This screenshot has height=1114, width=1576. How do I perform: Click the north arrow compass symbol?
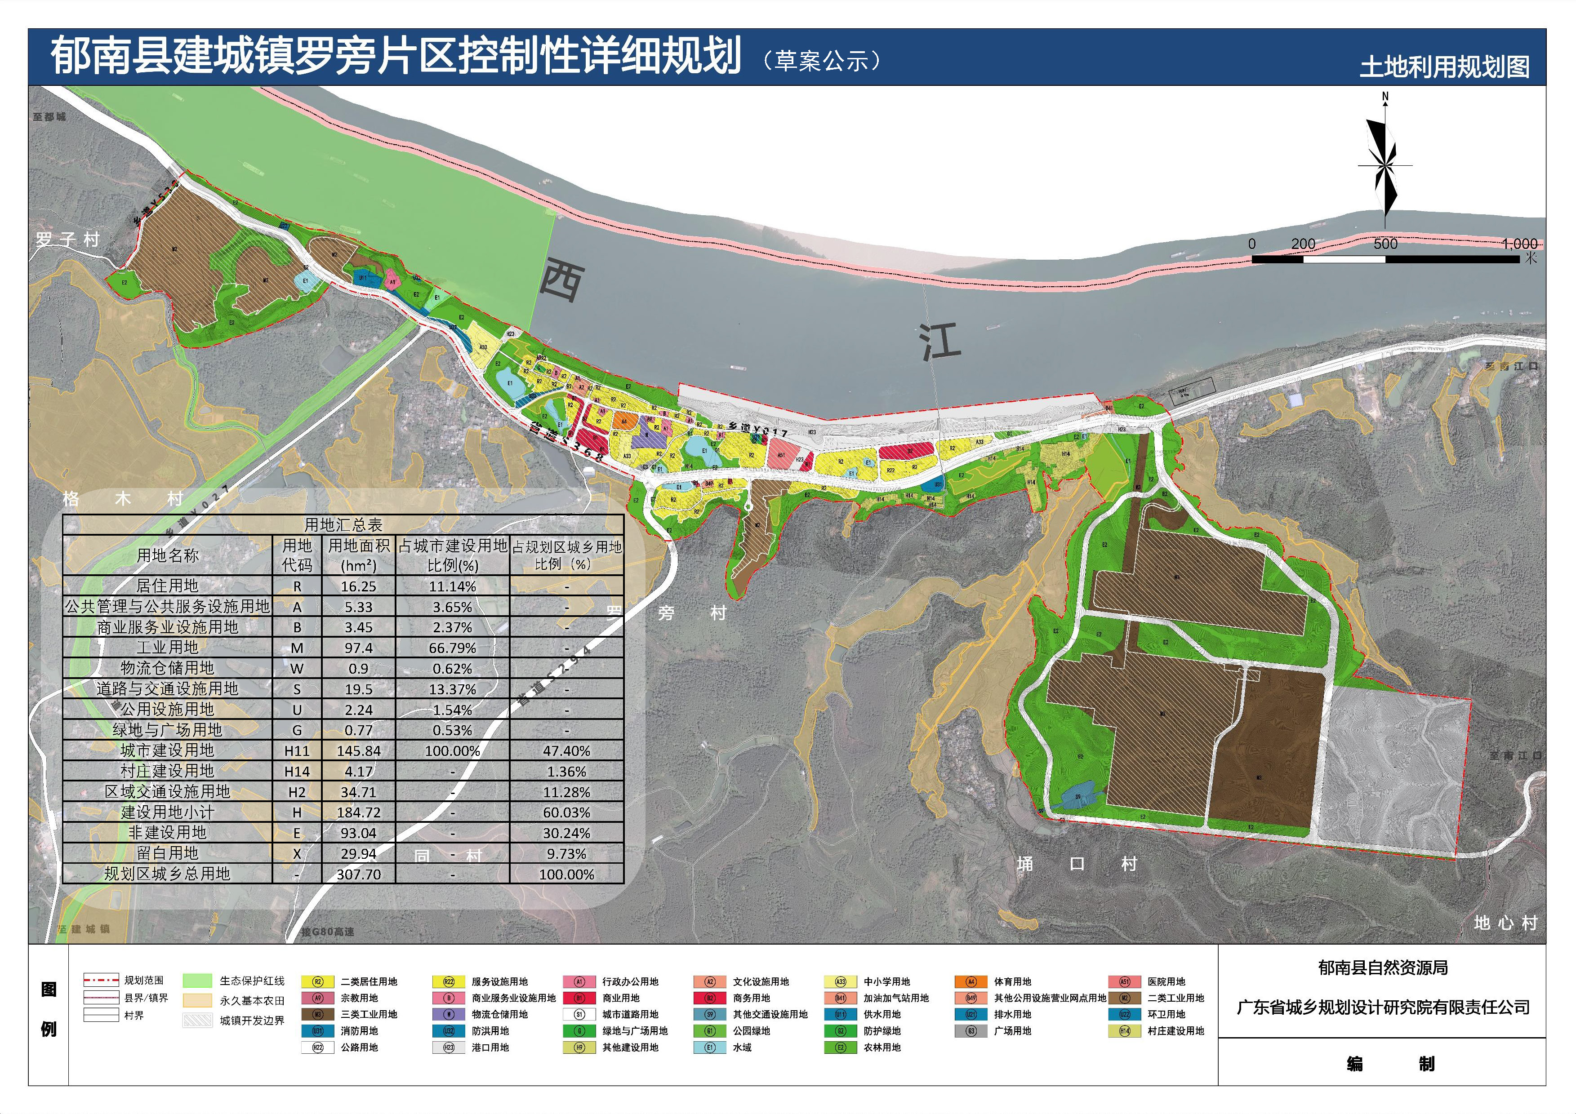(x=1385, y=165)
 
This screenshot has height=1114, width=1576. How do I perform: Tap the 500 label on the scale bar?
(x=1385, y=244)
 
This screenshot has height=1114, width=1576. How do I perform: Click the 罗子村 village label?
(x=68, y=240)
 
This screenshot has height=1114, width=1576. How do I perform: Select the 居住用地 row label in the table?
(x=168, y=586)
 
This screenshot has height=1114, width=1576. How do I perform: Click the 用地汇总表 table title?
(x=343, y=525)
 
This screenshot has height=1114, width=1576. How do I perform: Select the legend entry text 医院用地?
(x=1166, y=981)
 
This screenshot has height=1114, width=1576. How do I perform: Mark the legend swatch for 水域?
(x=710, y=1047)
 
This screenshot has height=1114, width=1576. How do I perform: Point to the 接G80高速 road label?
(x=327, y=932)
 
